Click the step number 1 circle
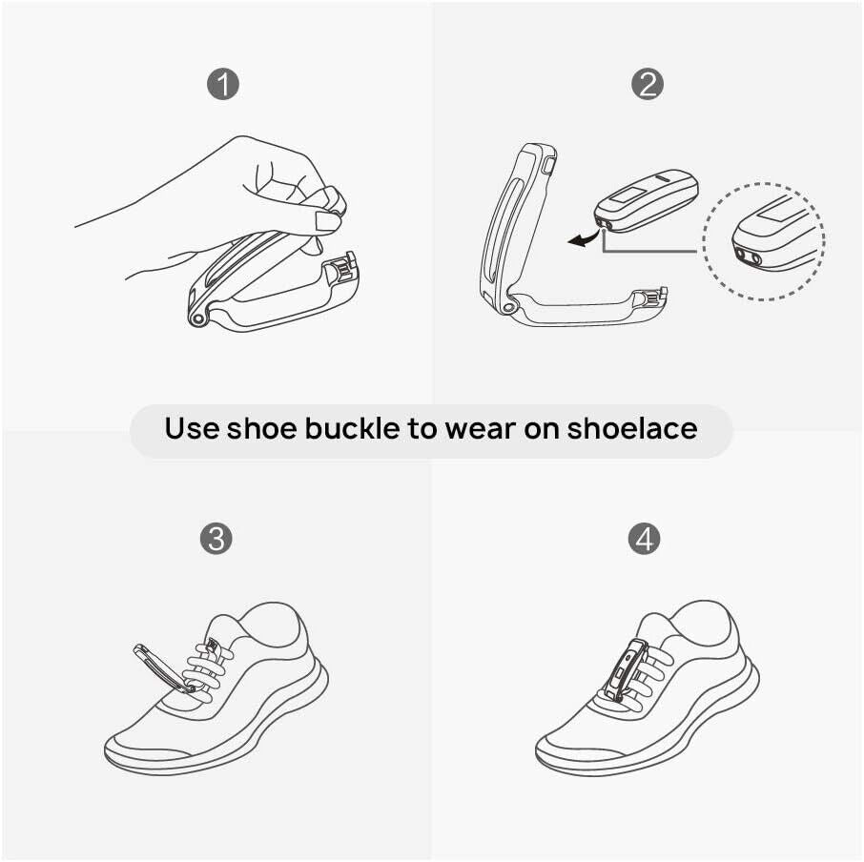point(222,85)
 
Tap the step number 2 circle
point(647,85)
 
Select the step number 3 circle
point(216,539)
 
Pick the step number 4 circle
point(645,539)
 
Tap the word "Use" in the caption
point(191,428)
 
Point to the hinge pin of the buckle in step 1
point(197,318)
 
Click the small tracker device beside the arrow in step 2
point(647,201)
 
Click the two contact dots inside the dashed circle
point(748,257)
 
